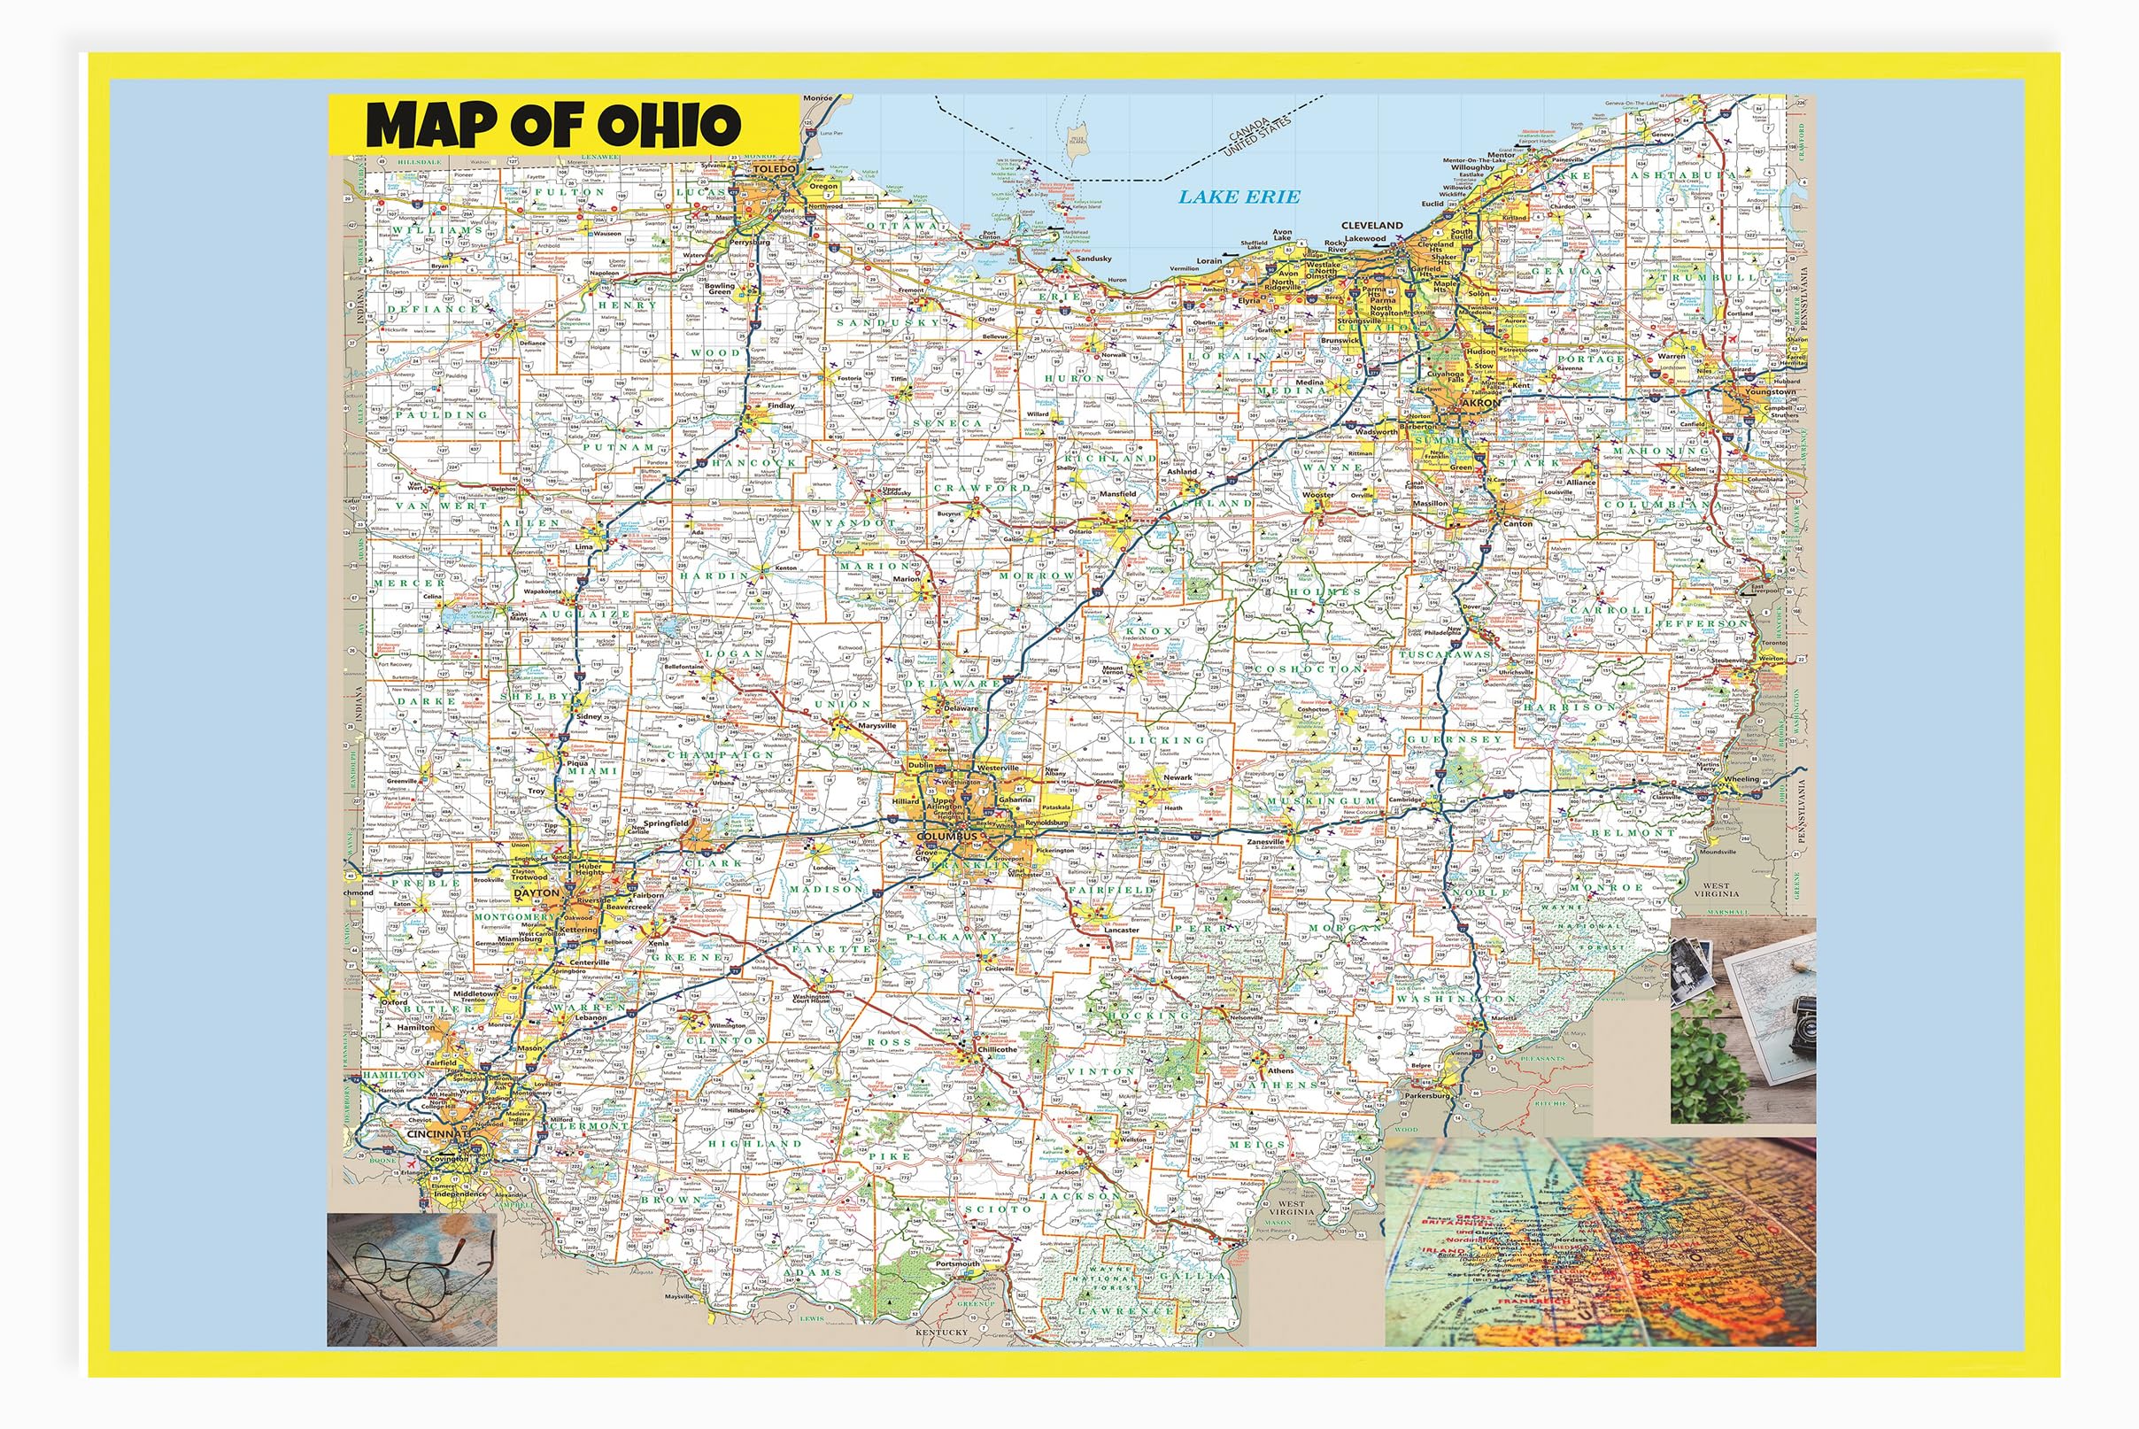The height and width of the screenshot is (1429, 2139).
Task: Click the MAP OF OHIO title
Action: tap(553, 126)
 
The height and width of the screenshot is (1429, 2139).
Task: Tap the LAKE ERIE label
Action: tap(1239, 197)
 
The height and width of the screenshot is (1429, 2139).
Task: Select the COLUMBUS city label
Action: tap(946, 836)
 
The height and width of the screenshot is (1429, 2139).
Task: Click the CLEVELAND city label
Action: tap(1371, 225)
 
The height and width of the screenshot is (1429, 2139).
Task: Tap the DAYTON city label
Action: tap(536, 893)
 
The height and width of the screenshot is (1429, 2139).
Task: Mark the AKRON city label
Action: tap(1479, 402)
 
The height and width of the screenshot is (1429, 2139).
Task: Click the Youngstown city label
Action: tap(1770, 392)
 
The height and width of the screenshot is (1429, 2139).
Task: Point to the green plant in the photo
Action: tap(1707, 1066)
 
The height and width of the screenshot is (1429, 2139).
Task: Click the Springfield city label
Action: tap(665, 823)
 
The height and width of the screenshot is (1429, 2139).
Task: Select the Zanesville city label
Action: tap(1265, 842)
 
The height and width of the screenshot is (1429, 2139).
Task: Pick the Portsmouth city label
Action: tap(957, 1264)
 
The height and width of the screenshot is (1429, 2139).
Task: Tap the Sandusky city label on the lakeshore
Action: tap(1093, 258)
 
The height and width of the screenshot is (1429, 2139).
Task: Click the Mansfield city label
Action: tap(1117, 493)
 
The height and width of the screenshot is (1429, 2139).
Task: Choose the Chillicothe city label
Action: tap(997, 1049)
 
